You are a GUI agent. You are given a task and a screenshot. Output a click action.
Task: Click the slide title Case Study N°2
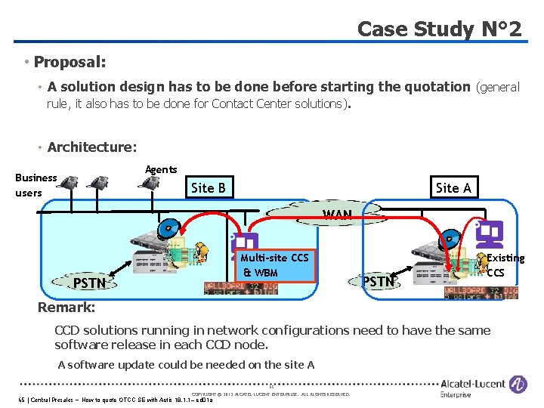coord(439,29)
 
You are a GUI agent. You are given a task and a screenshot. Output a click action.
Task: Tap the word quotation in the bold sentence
coord(426,87)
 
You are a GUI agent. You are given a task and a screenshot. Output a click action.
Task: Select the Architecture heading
coord(91,147)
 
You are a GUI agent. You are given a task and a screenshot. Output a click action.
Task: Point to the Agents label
coord(161,169)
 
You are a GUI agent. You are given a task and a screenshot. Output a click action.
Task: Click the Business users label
coord(36,185)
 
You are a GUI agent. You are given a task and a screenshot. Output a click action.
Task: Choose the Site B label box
coord(209,187)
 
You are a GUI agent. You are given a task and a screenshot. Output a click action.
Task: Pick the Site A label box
coord(453,187)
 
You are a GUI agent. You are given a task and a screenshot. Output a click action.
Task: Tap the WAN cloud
coord(337,214)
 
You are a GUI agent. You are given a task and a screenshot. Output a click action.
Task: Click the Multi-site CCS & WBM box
coord(274,265)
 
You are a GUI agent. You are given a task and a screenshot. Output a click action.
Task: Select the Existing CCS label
coord(505,265)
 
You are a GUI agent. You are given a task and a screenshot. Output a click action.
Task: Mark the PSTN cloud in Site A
coord(379,282)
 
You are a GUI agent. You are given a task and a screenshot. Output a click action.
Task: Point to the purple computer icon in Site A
coord(492,233)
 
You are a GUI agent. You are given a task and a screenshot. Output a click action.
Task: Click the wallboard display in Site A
coord(481,291)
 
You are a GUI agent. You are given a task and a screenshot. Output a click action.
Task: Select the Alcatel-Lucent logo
coord(484,387)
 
